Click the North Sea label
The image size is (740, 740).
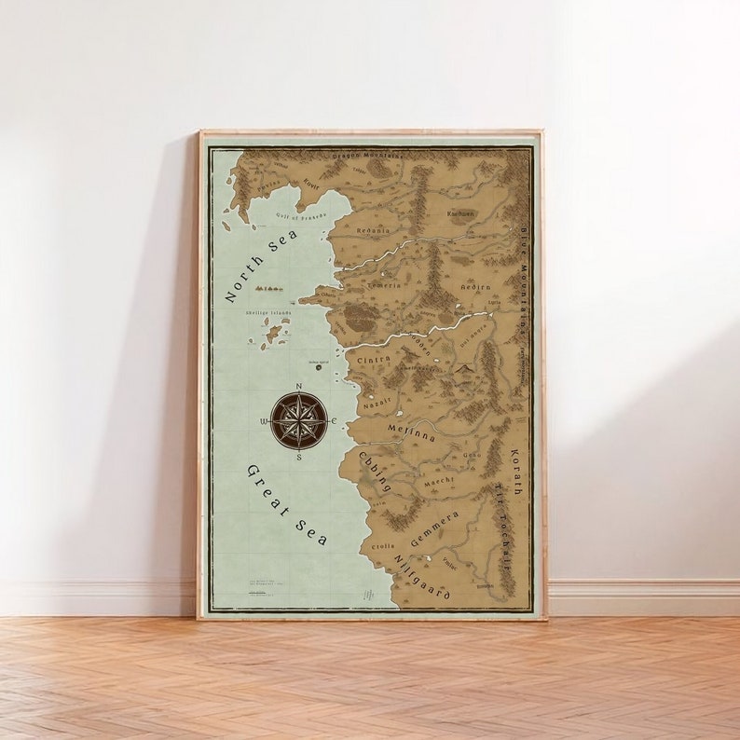262,266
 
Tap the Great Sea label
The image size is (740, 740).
286,504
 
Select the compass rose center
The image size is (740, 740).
298,421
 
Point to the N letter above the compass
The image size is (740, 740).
298,386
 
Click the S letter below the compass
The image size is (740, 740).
298,457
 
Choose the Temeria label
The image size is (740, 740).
385,285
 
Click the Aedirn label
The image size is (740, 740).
475,287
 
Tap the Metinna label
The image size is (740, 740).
411,432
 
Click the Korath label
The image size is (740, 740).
514,472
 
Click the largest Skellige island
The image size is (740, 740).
273,333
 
